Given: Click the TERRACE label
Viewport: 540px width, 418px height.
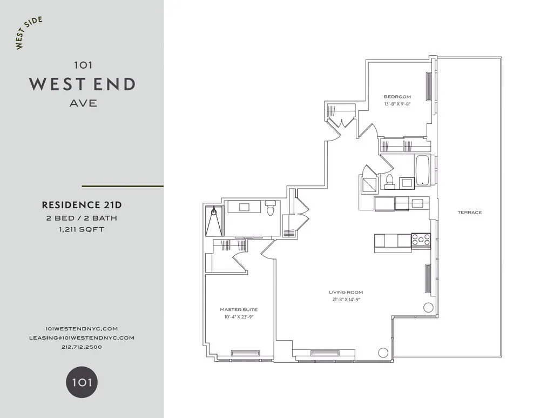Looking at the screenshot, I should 469,213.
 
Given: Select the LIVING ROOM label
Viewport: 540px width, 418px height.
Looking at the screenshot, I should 346,293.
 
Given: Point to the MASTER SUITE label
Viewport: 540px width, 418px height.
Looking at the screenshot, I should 239,310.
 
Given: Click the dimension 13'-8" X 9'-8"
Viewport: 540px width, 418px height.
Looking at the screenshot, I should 398,103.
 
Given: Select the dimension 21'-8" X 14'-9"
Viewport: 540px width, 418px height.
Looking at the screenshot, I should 346,300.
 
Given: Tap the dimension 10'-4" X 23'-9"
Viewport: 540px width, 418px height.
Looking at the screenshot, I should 239,317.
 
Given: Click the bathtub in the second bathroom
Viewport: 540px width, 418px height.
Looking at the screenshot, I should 422,171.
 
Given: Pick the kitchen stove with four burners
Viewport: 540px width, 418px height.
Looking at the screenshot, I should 421,240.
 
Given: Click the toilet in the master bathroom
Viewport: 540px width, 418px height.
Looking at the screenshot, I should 271,207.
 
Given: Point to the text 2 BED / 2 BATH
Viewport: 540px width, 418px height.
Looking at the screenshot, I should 82,218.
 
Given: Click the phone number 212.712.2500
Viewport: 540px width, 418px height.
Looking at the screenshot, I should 82,347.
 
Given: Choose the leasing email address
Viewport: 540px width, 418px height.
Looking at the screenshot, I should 82,337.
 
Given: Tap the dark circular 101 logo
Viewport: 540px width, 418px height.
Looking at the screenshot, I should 82,383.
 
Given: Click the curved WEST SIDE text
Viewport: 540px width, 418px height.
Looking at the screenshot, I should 29,34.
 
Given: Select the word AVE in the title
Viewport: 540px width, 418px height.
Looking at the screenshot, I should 83,103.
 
